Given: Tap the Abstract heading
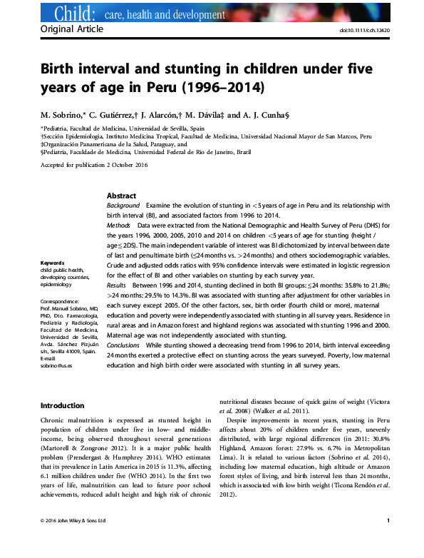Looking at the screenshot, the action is tap(122, 196).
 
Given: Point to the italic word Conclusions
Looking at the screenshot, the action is tap(125, 345).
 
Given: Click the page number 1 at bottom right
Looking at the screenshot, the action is tap(387, 541).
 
